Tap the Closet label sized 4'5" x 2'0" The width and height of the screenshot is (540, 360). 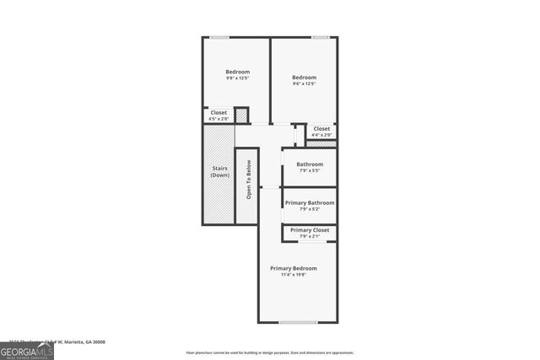(x=219, y=115)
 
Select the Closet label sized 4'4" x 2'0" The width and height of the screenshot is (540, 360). (x=321, y=132)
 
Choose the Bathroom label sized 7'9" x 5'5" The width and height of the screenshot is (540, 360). (x=310, y=167)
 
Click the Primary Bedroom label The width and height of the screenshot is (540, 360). (x=294, y=268)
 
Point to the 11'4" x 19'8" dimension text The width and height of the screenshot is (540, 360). (x=294, y=275)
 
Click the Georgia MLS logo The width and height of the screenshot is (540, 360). (x=27, y=349)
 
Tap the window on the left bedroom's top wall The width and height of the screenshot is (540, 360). (x=219, y=36)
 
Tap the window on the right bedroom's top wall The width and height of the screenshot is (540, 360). (x=320, y=36)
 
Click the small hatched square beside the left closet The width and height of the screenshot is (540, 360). (x=240, y=115)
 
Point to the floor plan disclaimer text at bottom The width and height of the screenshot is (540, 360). (x=269, y=352)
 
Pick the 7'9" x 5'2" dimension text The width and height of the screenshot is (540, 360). (x=310, y=209)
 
